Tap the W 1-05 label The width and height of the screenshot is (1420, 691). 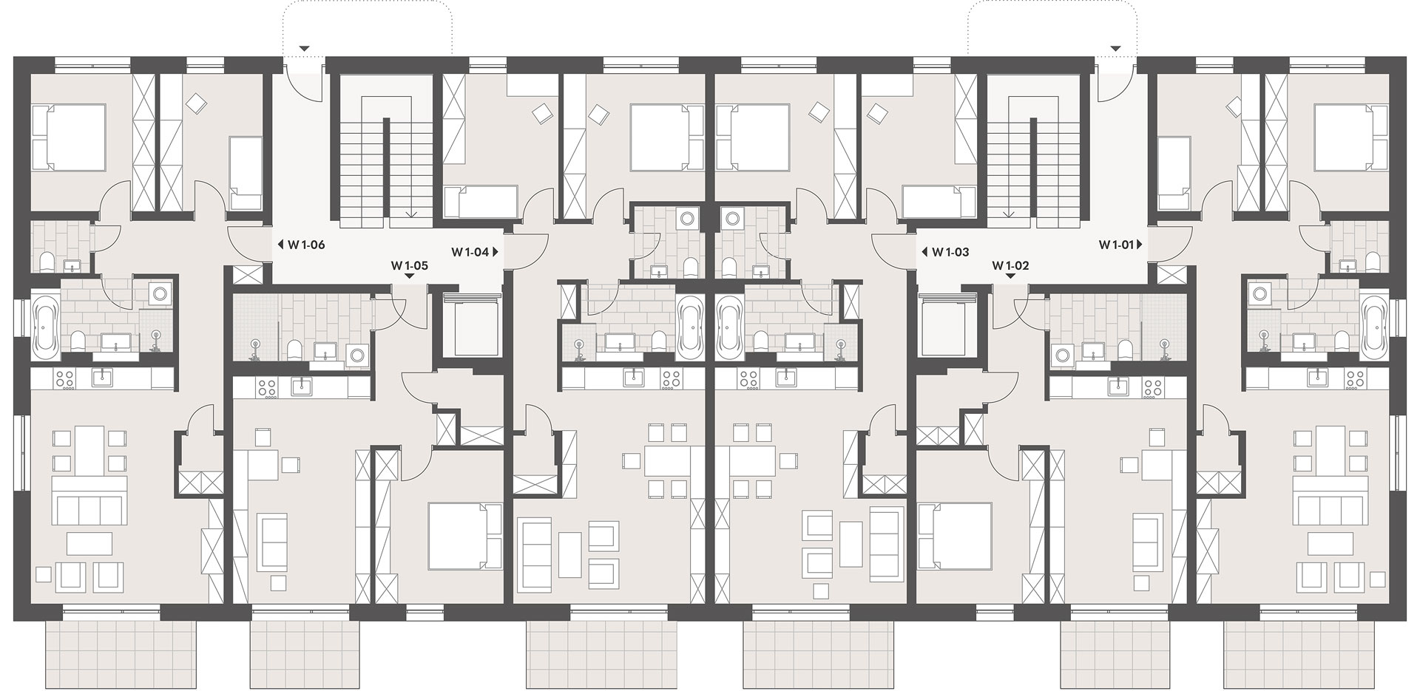[410, 265]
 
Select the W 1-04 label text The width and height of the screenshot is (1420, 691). [470, 251]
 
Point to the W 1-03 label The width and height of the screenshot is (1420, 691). [950, 252]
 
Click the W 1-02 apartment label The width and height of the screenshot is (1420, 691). [1010, 265]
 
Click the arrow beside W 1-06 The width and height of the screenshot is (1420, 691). [281, 245]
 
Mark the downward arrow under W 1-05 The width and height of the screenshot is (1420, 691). [410, 276]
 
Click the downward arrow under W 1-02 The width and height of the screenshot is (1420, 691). [1010, 276]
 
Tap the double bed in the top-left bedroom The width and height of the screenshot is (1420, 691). [68, 136]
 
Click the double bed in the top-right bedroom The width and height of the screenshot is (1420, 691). [1351, 136]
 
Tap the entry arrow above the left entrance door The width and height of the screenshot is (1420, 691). [303, 49]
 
